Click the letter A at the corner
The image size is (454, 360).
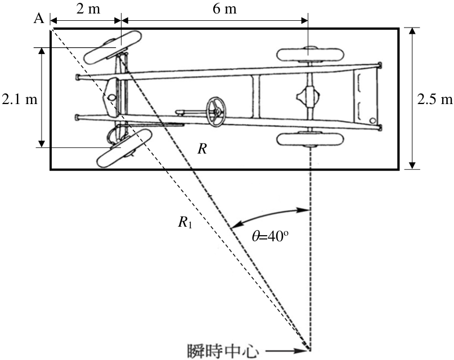[x=39, y=19]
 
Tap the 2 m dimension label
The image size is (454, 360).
[x=88, y=9]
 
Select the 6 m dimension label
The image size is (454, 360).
[x=224, y=9]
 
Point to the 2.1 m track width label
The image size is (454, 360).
[x=20, y=100]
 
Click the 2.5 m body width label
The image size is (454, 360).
[x=435, y=100]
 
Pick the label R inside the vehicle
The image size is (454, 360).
[x=202, y=149]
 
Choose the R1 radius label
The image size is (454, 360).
[x=185, y=223]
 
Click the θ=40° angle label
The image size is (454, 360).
[x=270, y=237]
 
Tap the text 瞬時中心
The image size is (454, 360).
[x=222, y=351]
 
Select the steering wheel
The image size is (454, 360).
[x=215, y=111]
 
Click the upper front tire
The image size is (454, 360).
[x=113, y=47]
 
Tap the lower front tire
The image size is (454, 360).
[x=125, y=148]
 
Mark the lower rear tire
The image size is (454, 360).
[x=310, y=139]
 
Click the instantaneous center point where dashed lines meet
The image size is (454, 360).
[x=310, y=349]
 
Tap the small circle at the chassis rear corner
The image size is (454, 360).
[x=373, y=120]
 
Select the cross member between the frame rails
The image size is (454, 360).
[x=255, y=96]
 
